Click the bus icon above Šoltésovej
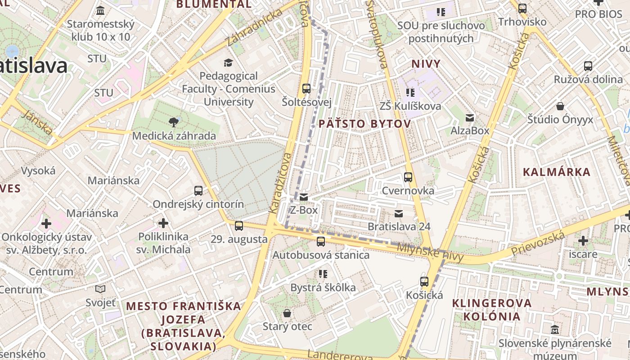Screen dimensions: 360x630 [x=306, y=88]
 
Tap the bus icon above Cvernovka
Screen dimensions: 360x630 [x=408, y=177]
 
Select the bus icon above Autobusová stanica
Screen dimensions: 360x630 [x=321, y=241]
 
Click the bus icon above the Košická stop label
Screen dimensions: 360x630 [x=424, y=282]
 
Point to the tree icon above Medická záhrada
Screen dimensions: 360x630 [x=173, y=121]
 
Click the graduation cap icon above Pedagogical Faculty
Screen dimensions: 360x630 [x=229, y=62]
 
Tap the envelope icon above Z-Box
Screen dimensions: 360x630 [x=304, y=197]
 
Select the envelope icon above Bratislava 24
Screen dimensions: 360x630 [x=399, y=213]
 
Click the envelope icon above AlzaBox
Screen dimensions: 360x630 [x=470, y=117]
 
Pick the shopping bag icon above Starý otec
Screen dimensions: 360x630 [x=287, y=313]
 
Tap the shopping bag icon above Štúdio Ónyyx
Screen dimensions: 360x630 [x=560, y=106]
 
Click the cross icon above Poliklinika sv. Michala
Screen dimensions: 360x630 [x=163, y=223]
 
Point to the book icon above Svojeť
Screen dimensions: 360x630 [x=101, y=289]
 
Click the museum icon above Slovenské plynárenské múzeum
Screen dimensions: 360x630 [x=555, y=329]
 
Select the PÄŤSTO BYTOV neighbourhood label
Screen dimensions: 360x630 [x=364, y=124]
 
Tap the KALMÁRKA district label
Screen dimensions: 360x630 [x=557, y=172]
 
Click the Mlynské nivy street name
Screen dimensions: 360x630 [x=430, y=252]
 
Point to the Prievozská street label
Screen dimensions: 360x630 [x=538, y=243]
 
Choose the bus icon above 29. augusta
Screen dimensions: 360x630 [x=239, y=225]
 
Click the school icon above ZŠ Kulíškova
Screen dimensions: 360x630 [x=410, y=93]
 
